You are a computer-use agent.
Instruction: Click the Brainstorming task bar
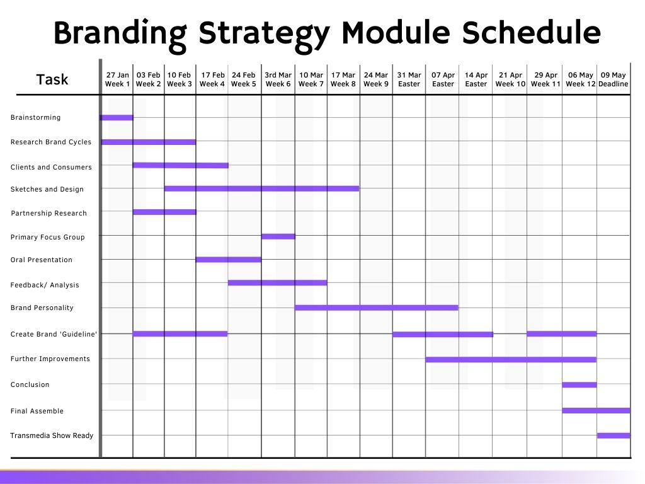(117, 118)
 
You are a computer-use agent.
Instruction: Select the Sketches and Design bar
(261, 188)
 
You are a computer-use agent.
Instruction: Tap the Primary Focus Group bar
(278, 237)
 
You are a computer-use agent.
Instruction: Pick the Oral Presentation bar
(228, 260)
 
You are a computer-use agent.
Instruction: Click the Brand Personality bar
(377, 308)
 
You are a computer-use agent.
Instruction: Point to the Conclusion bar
(579, 385)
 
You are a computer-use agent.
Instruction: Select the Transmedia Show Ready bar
(614, 435)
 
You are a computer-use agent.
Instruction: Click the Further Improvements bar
(510, 360)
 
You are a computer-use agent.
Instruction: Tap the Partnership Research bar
(164, 212)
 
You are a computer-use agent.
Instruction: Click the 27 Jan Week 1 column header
(117, 79)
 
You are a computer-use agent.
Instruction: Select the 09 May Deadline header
(613, 79)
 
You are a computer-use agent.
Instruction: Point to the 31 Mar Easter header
(409, 79)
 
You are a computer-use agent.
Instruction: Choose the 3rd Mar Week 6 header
(278, 79)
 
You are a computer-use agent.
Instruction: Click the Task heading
(52, 79)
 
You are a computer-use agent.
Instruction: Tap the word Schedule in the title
(531, 32)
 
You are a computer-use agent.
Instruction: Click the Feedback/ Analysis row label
(45, 285)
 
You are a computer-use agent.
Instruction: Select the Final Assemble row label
(37, 411)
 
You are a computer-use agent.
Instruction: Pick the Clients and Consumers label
(51, 167)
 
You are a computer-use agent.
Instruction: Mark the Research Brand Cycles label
(51, 142)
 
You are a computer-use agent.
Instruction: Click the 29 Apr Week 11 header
(545, 79)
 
